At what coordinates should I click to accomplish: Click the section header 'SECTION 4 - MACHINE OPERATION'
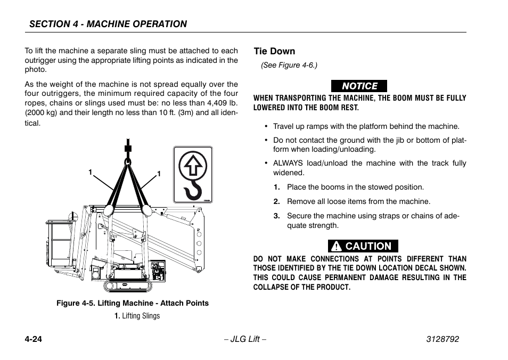(108, 24)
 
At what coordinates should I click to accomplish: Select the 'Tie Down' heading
(274, 52)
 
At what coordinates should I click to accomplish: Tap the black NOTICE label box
(359, 86)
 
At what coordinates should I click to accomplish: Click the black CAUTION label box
(363, 246)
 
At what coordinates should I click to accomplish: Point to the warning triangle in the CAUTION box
(337, 246)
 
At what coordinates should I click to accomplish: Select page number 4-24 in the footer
(33, 339)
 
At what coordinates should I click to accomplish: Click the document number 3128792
(438, 339)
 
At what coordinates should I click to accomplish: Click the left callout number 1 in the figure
(91, 171)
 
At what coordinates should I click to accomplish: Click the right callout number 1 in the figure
(159, 174)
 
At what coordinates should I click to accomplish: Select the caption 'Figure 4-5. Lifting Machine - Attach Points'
(133, 303)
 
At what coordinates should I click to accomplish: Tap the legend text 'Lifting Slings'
(141, 316)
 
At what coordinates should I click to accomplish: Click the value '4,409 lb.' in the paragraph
(220, 103)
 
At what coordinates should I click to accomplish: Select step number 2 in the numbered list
(277, 202)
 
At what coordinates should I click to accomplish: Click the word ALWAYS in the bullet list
(288, 163)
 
